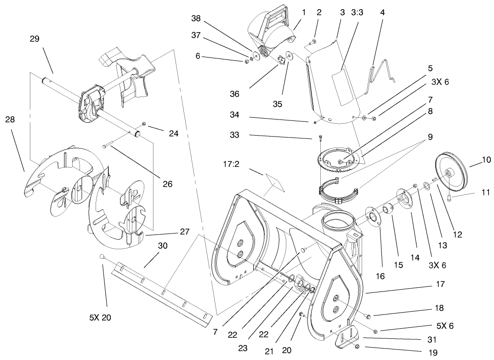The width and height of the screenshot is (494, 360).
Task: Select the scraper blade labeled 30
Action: click(x=163, y=291)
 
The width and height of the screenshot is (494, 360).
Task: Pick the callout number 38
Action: click(x=196, y=19)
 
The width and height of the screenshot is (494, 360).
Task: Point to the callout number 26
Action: click(x=167, y=184)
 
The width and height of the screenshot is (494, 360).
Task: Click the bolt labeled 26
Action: click(x=107, y=146)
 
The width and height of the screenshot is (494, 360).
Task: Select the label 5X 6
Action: click(x=444, y=326)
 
